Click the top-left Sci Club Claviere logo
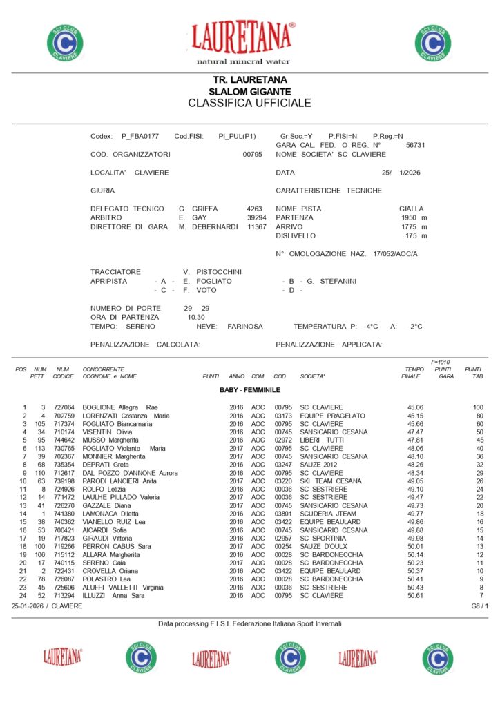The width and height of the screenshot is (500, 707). pyautogui.click(x=65, y=42)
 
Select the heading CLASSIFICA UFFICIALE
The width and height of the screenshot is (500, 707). pyautogui.click(x=249, y=104)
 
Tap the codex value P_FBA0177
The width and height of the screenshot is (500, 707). pyautogui.click(x=140, y=136)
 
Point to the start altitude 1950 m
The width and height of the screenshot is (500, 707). pyautogui.click(x=414, y=217)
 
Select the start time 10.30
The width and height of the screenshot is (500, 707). pyautogui.click(x=196, y=317)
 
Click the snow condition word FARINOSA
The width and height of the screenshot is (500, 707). pyautogui.click(x=245, y=326)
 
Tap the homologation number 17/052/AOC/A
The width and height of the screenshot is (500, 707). pyautogui.click(x=395, y=254)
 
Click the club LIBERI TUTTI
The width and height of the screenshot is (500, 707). pyautogui.click(x=322, y=440)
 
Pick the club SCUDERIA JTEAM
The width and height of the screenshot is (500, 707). pyautogui.click(x=328, y=514)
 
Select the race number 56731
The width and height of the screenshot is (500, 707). pyautogui.click(x=415, y=146)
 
